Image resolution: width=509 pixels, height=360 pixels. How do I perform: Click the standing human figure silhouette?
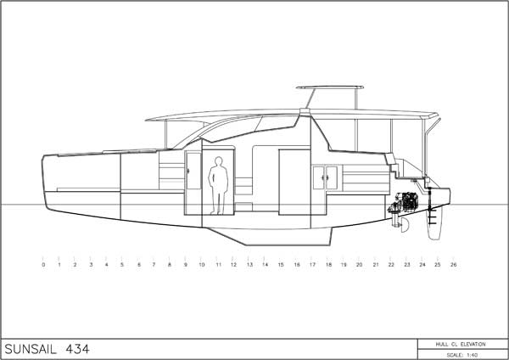click(x=218, y=186)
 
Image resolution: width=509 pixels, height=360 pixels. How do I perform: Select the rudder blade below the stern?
click(x=435, y=223)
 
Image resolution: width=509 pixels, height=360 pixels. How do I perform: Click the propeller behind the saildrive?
click(x=405, y=225)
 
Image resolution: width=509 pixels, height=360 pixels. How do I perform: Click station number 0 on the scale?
click(x=43, y=265)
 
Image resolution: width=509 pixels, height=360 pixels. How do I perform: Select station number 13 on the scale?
click(x=249, y=265)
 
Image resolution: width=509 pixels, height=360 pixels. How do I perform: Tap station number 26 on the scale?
click(x=454, y=265)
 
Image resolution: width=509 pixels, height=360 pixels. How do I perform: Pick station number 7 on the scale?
click(x=154, y=265)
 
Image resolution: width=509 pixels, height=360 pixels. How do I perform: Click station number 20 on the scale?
click(x=359, y=265)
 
